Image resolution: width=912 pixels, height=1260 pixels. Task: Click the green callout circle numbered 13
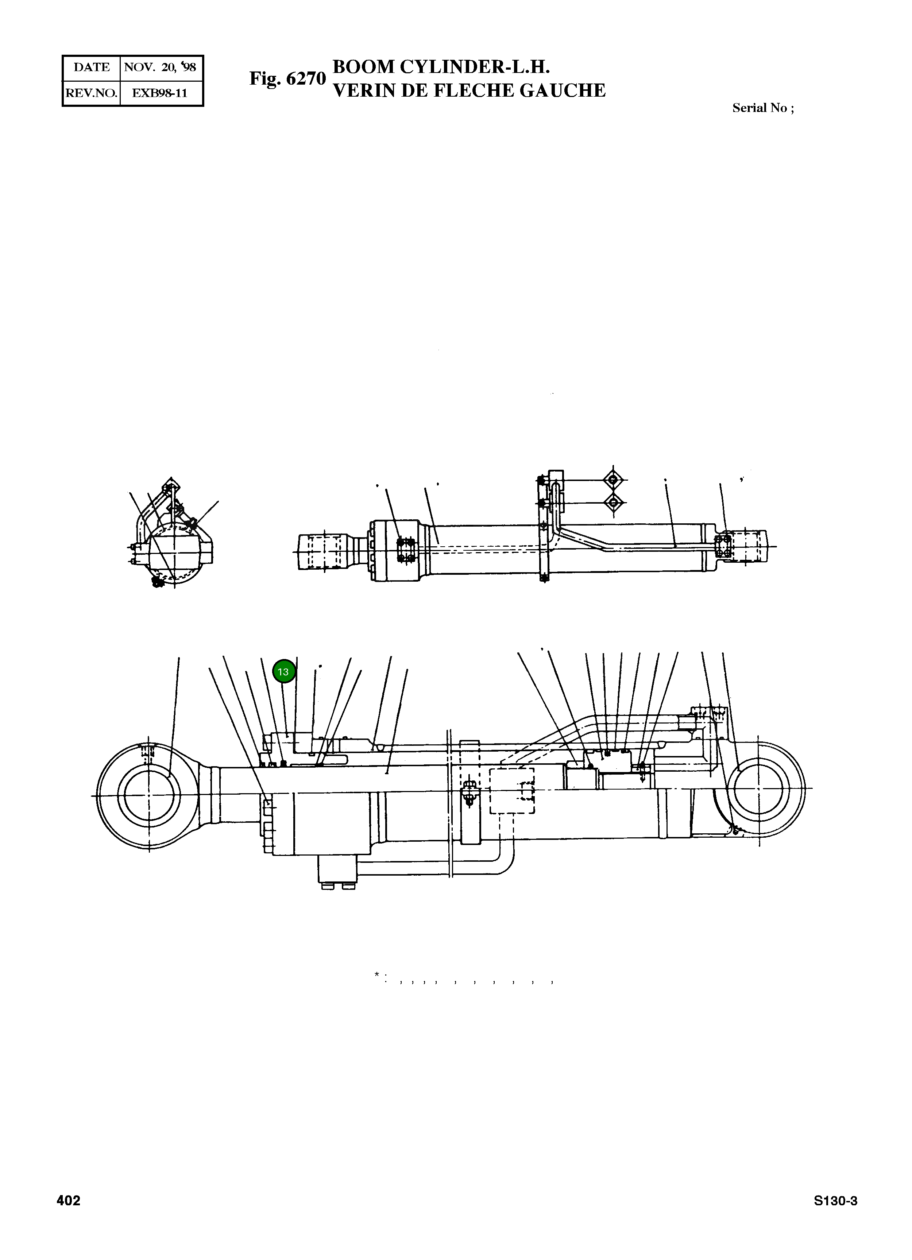283,672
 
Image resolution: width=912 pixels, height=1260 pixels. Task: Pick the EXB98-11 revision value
160,93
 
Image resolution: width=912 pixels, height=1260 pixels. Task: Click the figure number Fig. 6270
287,79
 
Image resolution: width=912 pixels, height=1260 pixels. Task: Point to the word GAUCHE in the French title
563,90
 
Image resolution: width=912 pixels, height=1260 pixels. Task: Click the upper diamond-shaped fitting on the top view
613,480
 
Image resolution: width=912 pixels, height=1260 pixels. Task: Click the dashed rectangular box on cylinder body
511,791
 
